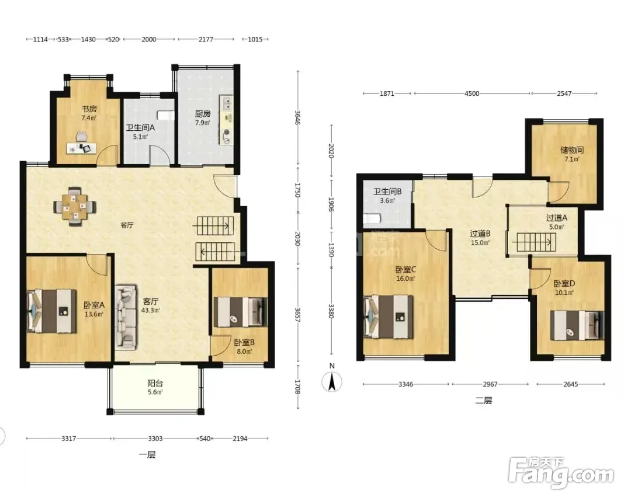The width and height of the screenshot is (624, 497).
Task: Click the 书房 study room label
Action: pyautogui.click(x=89, y=109)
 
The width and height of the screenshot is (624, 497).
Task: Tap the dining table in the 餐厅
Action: pyautogui.click(x=75, y=207)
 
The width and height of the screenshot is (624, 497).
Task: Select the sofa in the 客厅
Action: pyautogui.click(x=126, y=317)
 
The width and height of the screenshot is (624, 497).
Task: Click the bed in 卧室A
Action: pyautogui.click(x=51, y=311)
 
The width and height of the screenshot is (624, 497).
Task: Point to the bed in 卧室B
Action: pyautogui.click(x=241, y=312)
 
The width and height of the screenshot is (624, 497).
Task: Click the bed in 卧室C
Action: pyautogui.click(x=389, y=317)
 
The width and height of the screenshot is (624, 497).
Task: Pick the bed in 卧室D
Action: pyautogui.click(x=577, y=325)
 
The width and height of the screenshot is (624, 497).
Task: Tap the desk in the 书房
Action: pyautogui.click(x=81, y=148)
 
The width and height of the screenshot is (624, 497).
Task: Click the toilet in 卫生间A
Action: pyautogui.click(x=165, y=116)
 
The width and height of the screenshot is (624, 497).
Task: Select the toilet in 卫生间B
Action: pyautogui.click(x=372, y=218)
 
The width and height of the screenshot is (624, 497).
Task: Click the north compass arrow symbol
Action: pyautogui.click(x=332, y=381)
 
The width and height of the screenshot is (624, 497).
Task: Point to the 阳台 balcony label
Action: pyautogui.click(x=155, y=383)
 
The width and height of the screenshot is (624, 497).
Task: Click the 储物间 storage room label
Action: pyautogui.click(x=572, y=150)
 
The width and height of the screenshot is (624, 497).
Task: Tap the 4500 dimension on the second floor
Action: pyautogui.click(x=472, y=93)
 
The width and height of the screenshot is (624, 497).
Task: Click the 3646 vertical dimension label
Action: pyautogui.click(x=297, y=117)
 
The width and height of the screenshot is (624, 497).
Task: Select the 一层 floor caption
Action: pyautogui.click(x=147, y=454)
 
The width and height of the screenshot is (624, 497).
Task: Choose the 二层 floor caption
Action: pyautogui.click(x=484, y=400)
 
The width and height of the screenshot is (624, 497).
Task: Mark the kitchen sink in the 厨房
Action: pyautogui.click(x=227, y=103)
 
